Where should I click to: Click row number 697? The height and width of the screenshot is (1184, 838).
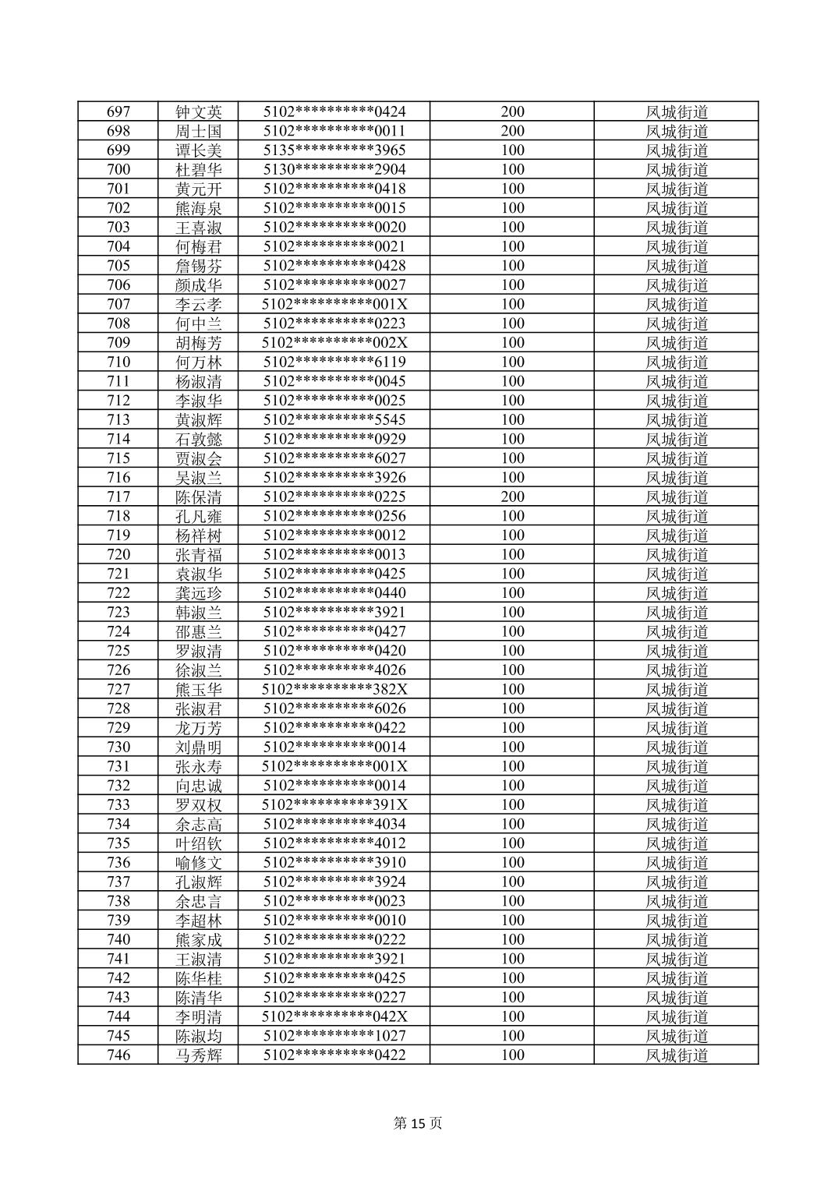(x=118, y=111)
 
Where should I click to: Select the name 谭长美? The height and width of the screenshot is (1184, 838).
(x=199, y=150)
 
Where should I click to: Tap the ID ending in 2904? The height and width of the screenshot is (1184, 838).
(x=334, y=169)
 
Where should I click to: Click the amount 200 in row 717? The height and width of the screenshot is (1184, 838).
(x=512, y=497)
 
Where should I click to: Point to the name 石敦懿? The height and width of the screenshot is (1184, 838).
(x=199, y=439)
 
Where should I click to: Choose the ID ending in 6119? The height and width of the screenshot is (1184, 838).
(x=334, y=362)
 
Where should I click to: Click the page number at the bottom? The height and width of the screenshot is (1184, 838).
(x=419, y=1123)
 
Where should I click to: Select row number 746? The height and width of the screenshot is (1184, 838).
(x=118, y=1055)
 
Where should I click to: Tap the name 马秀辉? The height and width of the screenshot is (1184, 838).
(x=199, y=1055)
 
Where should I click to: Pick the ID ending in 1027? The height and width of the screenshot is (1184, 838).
(x=334, y=1036)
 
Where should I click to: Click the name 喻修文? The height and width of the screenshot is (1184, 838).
(x=199, y=863)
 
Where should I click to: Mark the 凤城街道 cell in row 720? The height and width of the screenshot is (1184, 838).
(x=677, y=554)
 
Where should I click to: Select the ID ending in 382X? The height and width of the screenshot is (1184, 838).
(x=334, y=689)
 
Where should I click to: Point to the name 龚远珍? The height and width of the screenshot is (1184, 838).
(x=199, y=593)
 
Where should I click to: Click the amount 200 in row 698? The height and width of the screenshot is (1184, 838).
(x=512, y=131)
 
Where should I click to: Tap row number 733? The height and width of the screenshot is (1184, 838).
(x=118, y=804)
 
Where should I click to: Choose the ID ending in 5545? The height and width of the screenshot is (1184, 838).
(x=334, y=419)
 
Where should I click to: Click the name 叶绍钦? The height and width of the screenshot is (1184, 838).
(x=199, y=843)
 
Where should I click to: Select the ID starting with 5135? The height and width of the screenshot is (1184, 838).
(x=334, y=150)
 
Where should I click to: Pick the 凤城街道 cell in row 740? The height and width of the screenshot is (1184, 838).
(x=677, y=939)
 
